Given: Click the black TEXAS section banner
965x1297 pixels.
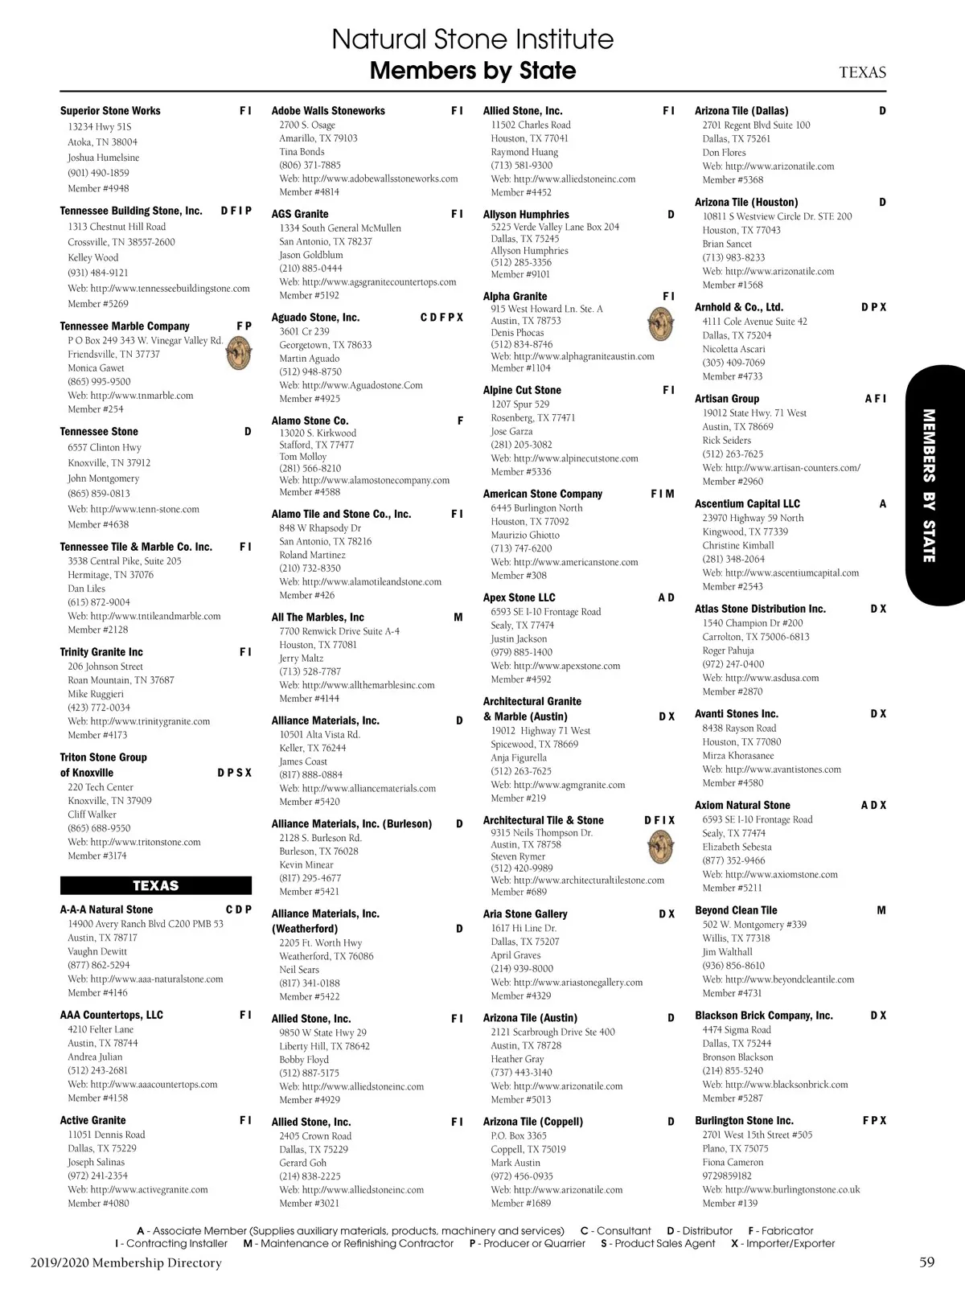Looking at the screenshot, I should coord(155,885).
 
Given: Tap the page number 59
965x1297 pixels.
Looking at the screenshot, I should coord(926,1262).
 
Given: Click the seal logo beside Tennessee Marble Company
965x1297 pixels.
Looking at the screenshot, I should coord(238,354).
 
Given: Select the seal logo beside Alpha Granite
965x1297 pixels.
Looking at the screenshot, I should coord(660,325).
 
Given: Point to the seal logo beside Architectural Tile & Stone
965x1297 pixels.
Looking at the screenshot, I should coord(660,847).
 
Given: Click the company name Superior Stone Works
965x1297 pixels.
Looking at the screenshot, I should coord(110,111).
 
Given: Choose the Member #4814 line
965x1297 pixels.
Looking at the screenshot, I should coord(309,192).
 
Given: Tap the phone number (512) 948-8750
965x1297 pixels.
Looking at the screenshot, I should coord(310,371).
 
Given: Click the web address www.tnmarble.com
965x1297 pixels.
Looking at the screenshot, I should coord(130,396).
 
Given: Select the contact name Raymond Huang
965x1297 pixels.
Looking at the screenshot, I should coord(524,152).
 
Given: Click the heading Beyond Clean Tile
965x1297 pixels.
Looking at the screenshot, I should coord(736,910).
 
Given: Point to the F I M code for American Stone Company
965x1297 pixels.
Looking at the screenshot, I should coord(663,494).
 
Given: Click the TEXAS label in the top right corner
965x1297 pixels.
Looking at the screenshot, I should coord(862,72).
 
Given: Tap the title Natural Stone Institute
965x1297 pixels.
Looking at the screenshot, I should coord(472,39).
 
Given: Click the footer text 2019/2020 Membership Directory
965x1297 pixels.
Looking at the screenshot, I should coord(126,1262).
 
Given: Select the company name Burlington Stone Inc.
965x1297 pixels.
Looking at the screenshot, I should coord(744,1120).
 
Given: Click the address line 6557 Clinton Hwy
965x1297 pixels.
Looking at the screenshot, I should coord(105,447).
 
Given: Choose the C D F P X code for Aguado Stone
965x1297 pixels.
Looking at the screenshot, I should coord(441,318).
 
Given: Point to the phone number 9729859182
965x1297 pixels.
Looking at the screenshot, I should coord(727,1176).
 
